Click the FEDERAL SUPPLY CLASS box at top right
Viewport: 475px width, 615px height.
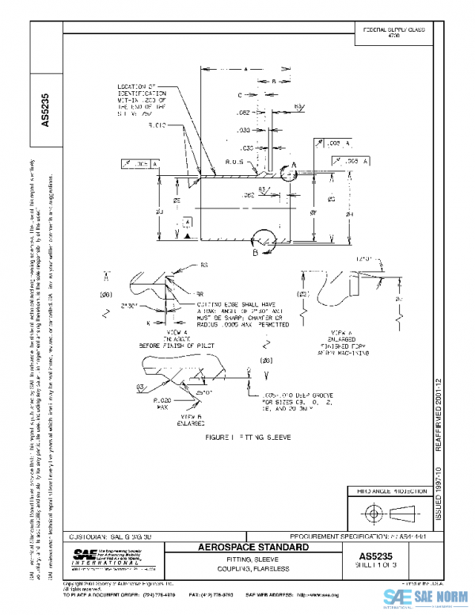click(x=393, y=32)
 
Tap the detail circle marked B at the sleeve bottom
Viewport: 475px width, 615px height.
click(x=259, y=243)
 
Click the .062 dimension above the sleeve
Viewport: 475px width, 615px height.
click(x=244, y=113)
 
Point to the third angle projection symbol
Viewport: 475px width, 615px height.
click(x=389, y=513)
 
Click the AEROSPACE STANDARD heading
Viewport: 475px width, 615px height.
click(x=248, y=547)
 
